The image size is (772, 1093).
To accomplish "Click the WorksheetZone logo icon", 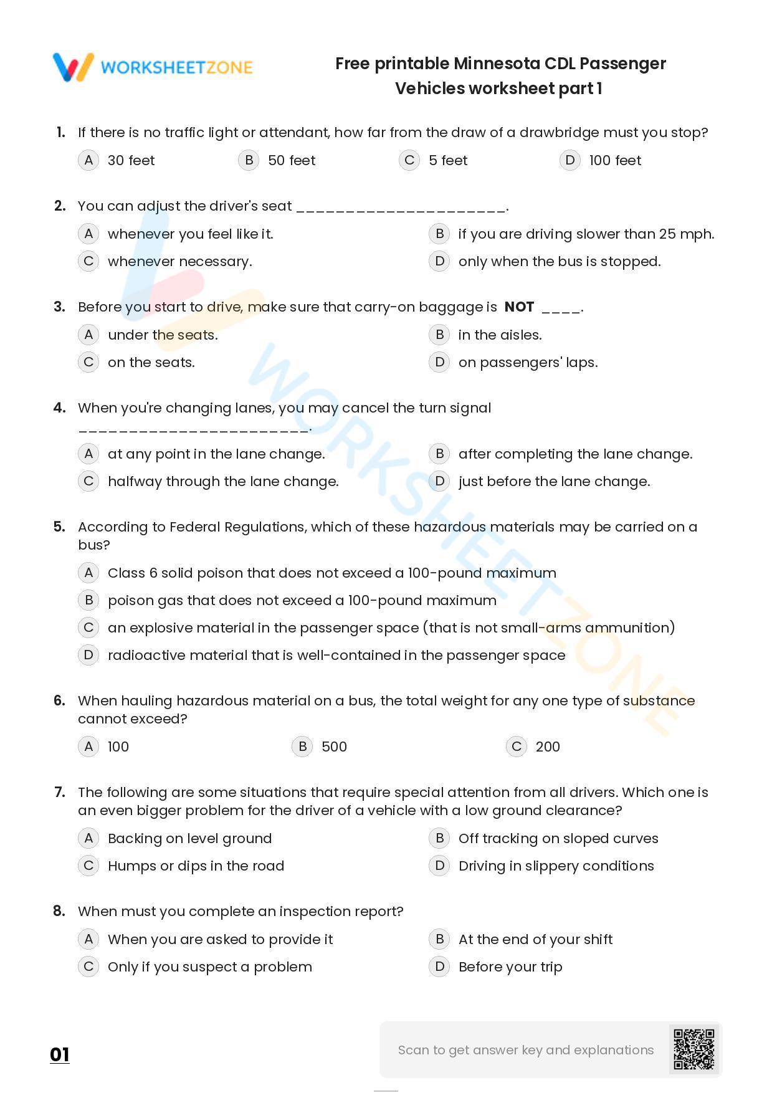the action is pos(74,67).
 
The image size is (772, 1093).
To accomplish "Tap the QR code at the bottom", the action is pos(693,1049).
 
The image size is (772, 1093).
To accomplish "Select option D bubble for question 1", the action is pos(569,160).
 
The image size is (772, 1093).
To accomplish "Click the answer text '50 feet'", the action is pos(292,160).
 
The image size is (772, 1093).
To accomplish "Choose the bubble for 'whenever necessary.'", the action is pos(88,261).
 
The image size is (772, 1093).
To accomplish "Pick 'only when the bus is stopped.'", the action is pos(559,261).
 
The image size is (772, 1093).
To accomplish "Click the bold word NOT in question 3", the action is pos(519,307).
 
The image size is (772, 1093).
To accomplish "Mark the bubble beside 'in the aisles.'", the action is pos(439,335).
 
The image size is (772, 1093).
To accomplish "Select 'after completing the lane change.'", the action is pos(575,454).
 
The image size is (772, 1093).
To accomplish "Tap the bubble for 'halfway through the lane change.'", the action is pos(88,481).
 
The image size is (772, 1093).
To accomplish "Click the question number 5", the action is pos(59,527).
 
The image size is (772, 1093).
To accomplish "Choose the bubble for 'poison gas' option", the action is pos(88,600).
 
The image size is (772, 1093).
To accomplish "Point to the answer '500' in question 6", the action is pos(334,747).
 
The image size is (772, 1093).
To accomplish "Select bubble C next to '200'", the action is pos(516,747).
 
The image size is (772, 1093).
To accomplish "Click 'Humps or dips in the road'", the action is pos(196,866).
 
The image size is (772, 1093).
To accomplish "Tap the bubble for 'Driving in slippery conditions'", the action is pos(439,866).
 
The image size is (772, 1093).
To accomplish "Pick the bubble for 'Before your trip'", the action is pos(439,967).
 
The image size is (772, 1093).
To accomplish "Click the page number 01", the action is pos(60,1054).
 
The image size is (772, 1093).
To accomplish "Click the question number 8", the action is pos(59,911).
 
